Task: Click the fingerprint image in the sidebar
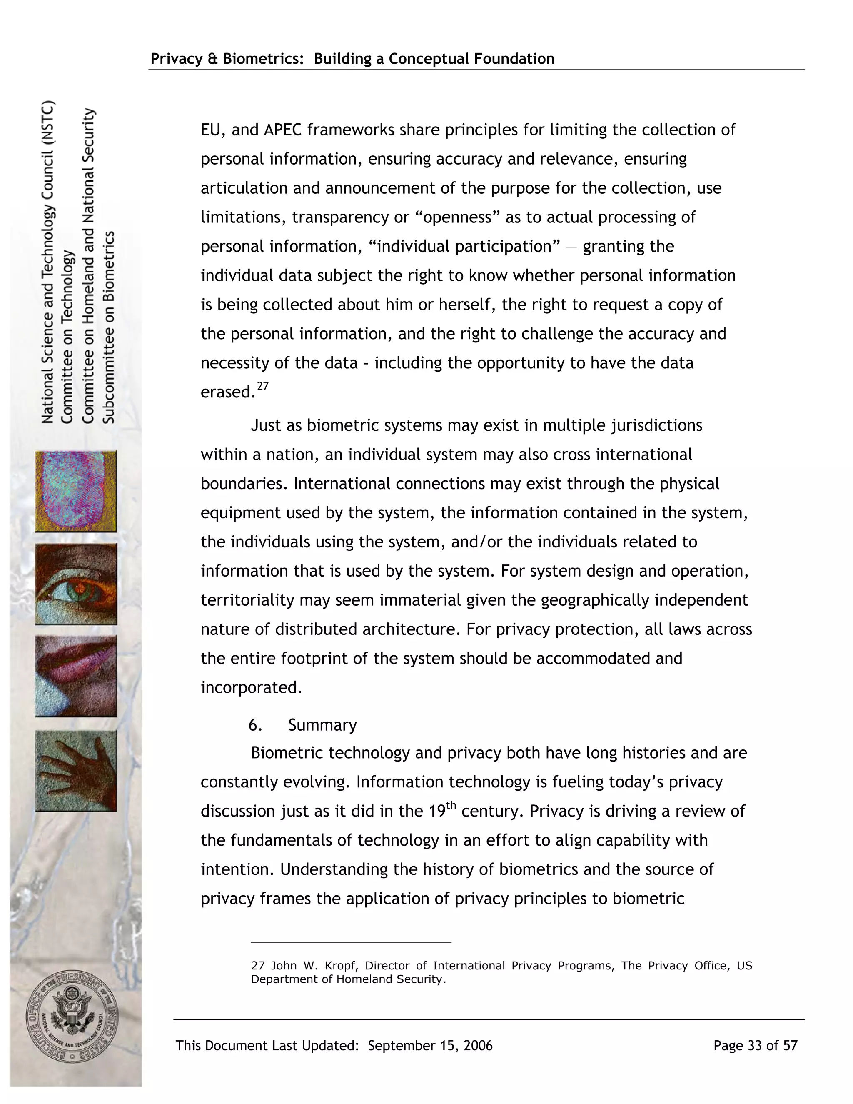[76, 491]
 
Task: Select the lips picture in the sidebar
[76, 676]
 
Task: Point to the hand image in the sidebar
[76, 770]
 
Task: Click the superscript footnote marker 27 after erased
[263, 387]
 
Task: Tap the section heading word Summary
[322, 725]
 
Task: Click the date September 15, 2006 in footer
[430, 1045]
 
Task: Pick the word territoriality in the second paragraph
[247, 600]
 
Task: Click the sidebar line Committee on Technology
[67, 337]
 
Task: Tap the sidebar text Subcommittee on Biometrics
[109, 327]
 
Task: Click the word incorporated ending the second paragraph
[251, 687]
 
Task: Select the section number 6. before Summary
[255, 725]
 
